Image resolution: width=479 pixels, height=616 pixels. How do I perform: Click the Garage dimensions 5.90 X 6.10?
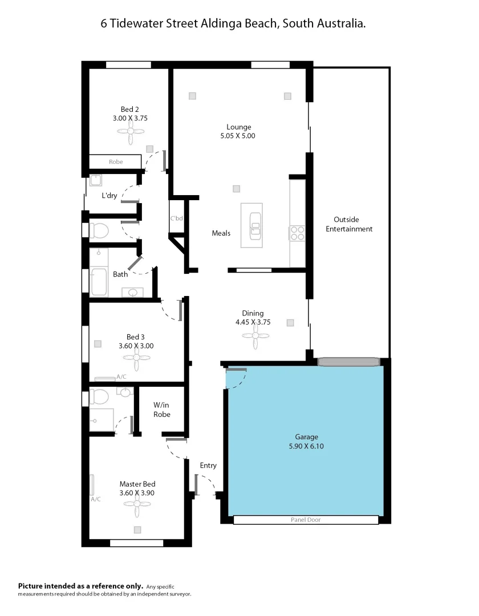click(306, 447)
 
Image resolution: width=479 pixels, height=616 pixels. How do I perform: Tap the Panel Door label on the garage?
click(306, 520)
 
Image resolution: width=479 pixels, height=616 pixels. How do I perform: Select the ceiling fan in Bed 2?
click(131, 131)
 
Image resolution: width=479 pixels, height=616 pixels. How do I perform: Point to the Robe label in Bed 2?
click(116, 162)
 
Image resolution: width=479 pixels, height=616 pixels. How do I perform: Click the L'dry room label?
click(109, 196)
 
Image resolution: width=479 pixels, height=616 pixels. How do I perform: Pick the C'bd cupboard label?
click(176, 218)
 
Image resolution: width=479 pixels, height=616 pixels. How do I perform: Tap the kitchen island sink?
click(255, 226)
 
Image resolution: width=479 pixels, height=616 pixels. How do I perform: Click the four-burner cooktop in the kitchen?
click(298, 233)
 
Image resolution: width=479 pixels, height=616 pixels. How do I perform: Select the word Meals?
click(221, 233)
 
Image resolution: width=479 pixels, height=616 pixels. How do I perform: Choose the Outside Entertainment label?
click(353, 224)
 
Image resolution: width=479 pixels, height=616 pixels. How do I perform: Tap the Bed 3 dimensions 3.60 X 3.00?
click(136, 346)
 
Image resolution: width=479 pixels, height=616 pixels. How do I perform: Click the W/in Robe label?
click(162, 410)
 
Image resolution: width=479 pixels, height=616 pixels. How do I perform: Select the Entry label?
click(208, 465)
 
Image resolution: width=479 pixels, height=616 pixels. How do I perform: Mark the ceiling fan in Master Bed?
click(137, 504)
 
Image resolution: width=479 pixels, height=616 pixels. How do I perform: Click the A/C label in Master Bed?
click(96, 499)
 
